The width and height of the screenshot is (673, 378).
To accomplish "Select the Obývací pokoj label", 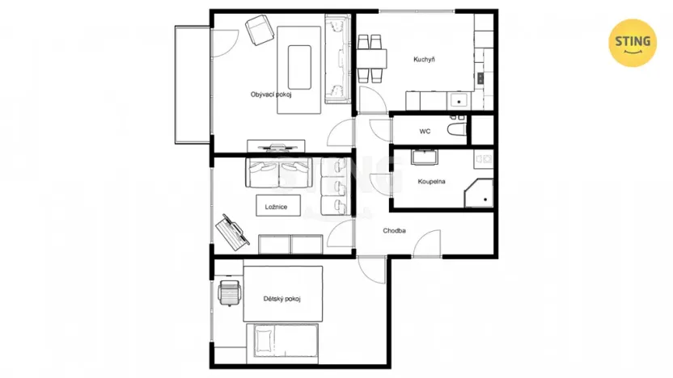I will [x=270, y=94].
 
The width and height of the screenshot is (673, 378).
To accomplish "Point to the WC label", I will [x=425, y=131].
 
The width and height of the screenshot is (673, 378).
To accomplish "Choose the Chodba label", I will [x=395, y=232].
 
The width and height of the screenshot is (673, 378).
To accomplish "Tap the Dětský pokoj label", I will [x=282, y=299].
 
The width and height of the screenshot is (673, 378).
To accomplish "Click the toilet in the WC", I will [x=456, y=130].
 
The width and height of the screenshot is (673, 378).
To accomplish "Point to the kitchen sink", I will [x=459, y=100].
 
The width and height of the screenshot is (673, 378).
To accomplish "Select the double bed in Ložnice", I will [x=279, y=172].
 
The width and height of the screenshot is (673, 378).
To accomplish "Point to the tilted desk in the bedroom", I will [x=232, y=230].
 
